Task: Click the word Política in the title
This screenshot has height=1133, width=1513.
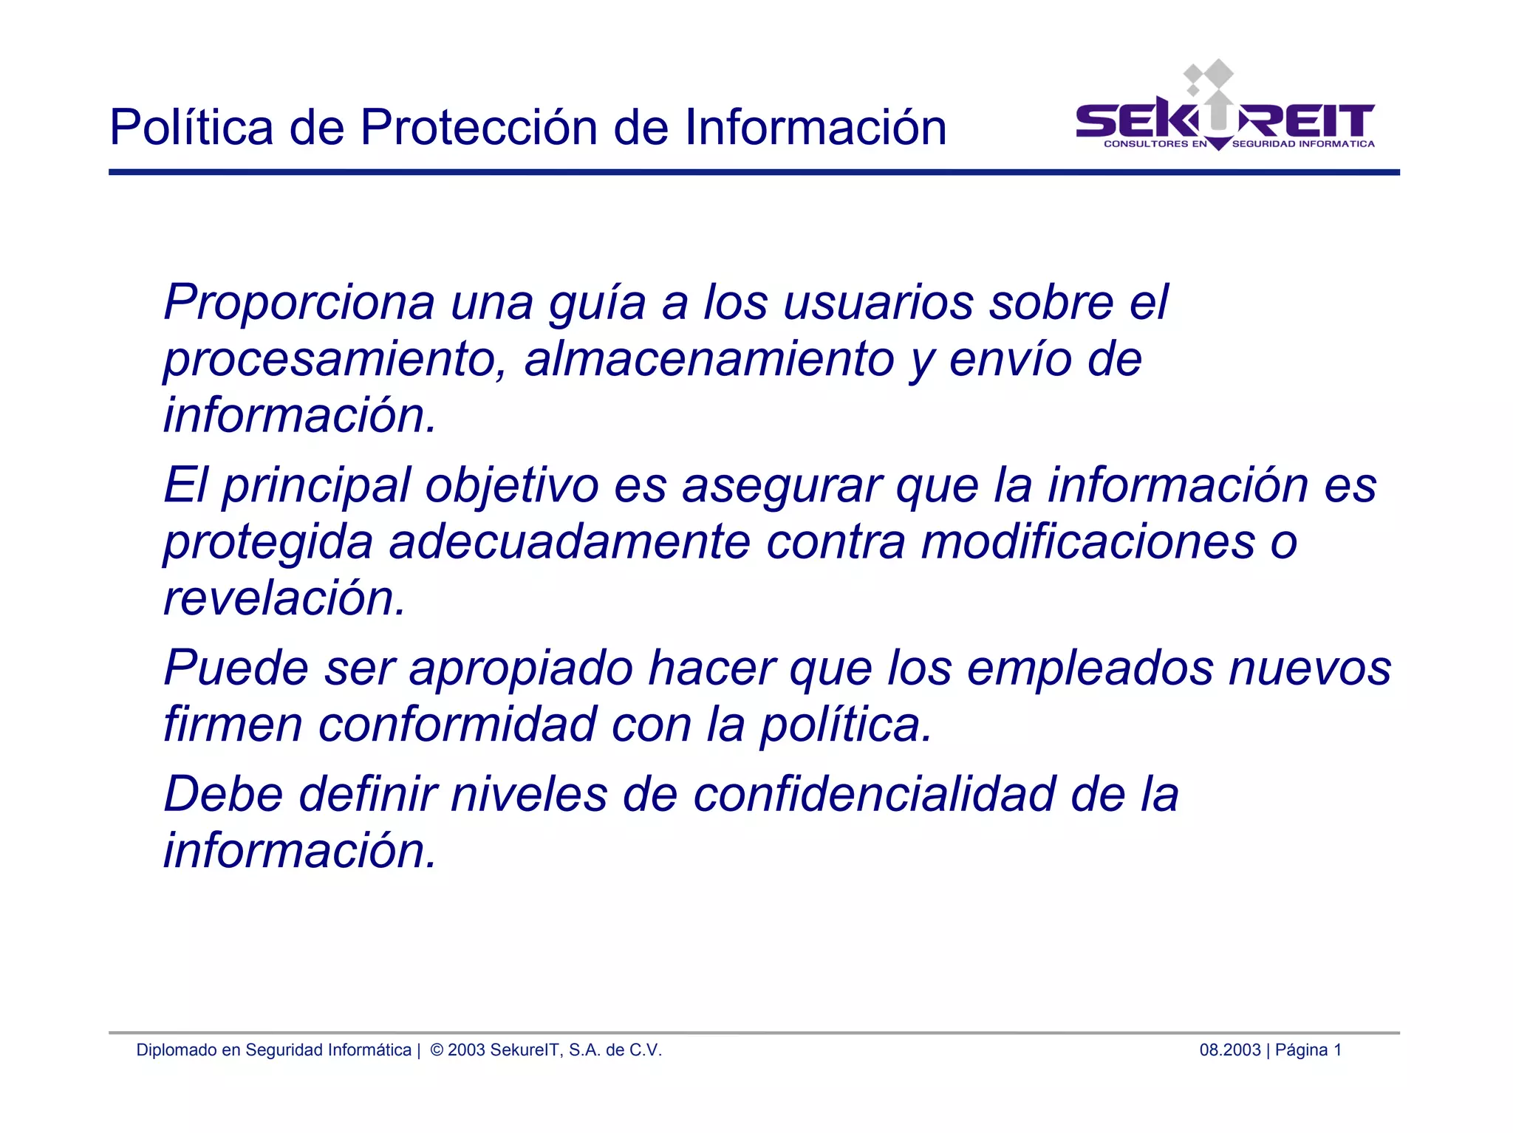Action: click(191, 127)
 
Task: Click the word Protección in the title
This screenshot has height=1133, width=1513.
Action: click(479, 127)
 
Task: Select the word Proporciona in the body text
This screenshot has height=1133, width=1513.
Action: click(299, 302)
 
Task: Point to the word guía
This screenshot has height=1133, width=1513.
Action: click(597, 304)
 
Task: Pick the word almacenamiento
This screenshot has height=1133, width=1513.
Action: click(708, 359)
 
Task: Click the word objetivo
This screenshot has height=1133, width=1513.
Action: click(511, 486)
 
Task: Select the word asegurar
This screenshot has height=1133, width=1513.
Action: click(781, 486)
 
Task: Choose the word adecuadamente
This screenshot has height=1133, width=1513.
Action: click(569, 541)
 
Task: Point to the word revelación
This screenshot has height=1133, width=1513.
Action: click(284, 598)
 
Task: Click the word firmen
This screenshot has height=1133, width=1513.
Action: click(233, 724)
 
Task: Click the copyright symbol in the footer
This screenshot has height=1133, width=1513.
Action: click(437, 1050)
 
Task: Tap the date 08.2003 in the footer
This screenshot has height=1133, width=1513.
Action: click(1229, 1050)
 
